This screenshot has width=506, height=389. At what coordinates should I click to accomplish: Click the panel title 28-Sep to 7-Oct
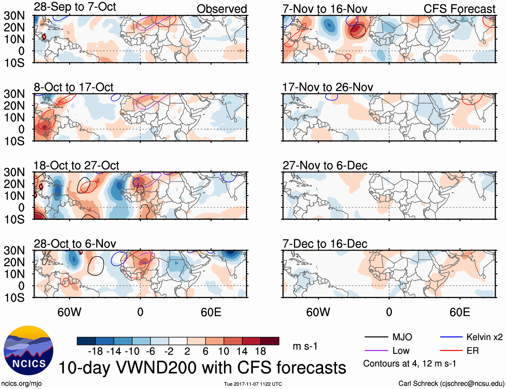(x=75, y=7)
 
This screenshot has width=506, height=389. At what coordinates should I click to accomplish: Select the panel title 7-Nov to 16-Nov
(x=325, y=9)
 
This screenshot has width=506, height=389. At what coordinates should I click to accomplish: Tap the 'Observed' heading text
(x=222, y=9)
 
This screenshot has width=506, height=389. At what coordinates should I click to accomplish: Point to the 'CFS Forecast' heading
(x=459, y=9)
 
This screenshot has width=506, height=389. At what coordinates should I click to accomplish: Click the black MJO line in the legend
(x=376, y=337)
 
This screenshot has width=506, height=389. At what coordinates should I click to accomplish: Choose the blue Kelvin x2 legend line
(x=451, y=337)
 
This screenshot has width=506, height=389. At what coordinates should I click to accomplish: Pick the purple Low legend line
(x=376, y=351)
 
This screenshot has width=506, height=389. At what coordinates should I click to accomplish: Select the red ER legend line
(x=451, y=351)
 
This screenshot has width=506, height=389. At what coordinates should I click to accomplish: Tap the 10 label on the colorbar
(x=224, y=351)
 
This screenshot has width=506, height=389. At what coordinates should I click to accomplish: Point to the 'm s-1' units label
(x=305, y=346)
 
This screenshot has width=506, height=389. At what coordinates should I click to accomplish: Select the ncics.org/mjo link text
(x=21, y=383)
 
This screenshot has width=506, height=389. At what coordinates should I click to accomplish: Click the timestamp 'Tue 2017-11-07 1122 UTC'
(x=253, y=384)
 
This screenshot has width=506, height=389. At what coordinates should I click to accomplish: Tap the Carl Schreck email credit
(x=451, y=383)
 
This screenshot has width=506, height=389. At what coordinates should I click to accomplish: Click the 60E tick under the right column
(x=459, y=312)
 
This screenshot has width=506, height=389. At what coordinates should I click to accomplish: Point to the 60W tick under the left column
(x=69, y=312)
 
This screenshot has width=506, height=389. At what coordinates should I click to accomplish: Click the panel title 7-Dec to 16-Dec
(x=325, y=244)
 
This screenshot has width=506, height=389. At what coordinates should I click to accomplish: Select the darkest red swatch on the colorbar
(x=270, y=341)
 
